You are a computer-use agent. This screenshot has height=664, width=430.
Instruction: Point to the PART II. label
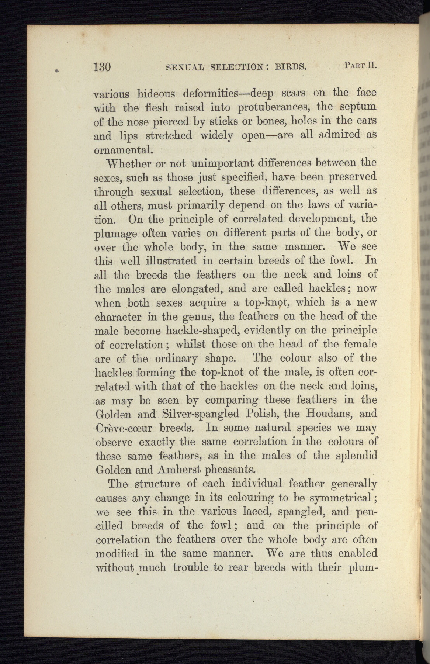[360, 66]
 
